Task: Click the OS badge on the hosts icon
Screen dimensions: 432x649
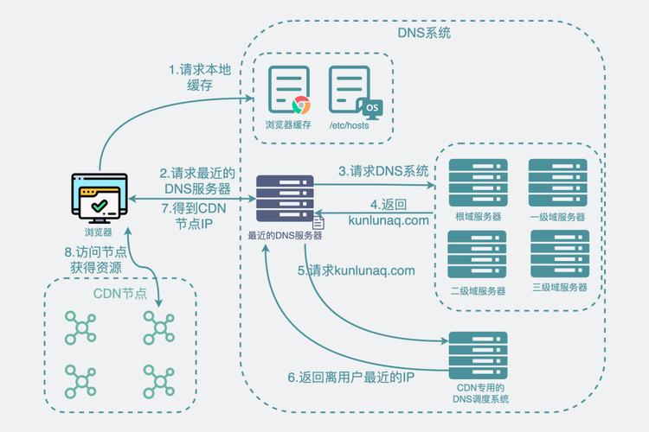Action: click(371, 107)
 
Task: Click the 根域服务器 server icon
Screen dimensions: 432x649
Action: click(478, 182)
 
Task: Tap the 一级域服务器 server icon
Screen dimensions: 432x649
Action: click(558, 182)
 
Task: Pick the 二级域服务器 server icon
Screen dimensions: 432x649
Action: click(478, 257)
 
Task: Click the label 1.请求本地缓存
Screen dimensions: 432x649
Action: click(200, 77)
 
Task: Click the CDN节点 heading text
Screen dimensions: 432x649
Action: click(119, 294)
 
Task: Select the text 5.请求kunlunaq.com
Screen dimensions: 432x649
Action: click(357, 270)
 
